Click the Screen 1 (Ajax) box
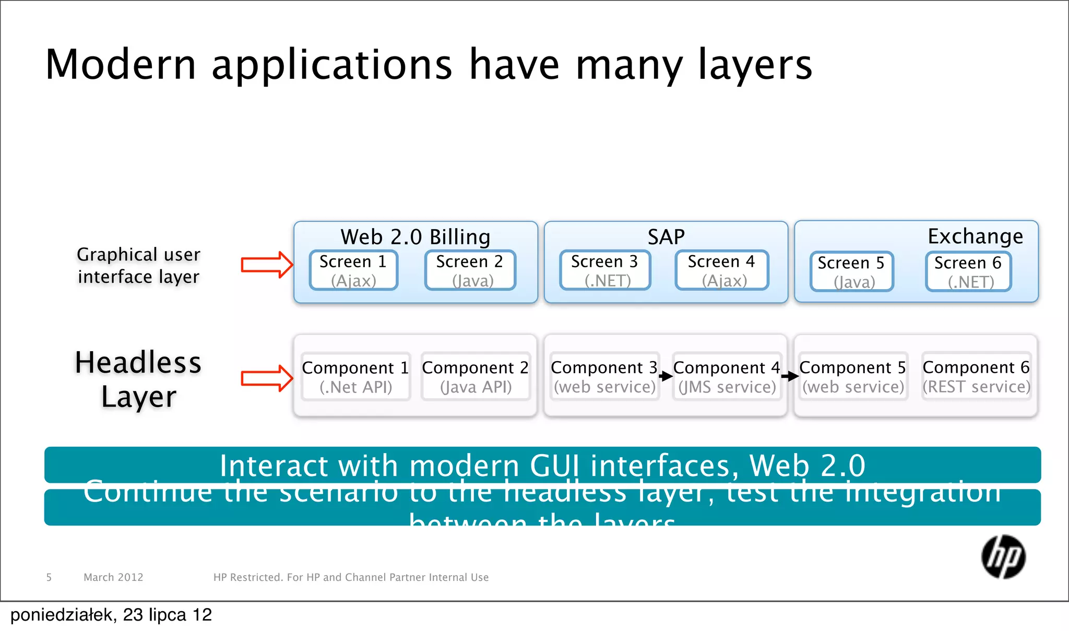point(353,270)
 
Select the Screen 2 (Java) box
point(470,270)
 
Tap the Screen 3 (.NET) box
point(604,270)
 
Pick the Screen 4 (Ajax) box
point(721,270)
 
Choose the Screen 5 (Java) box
point(851,271)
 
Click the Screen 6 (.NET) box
point(968,271)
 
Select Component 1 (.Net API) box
point(355,377)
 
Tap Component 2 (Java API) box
point(475,377)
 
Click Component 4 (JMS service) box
point(727,377)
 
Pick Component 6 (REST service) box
point(976,376)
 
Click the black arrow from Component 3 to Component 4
point(666,376)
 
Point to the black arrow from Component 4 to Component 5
point(790,376)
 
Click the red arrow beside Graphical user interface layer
point(266,265)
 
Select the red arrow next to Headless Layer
point(266,378)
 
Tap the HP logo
point(1003,557)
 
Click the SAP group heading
point(666,237)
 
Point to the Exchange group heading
point(975,236)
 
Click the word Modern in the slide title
point(121,65)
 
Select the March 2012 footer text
point(113,577)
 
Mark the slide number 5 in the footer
point(49,577)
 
